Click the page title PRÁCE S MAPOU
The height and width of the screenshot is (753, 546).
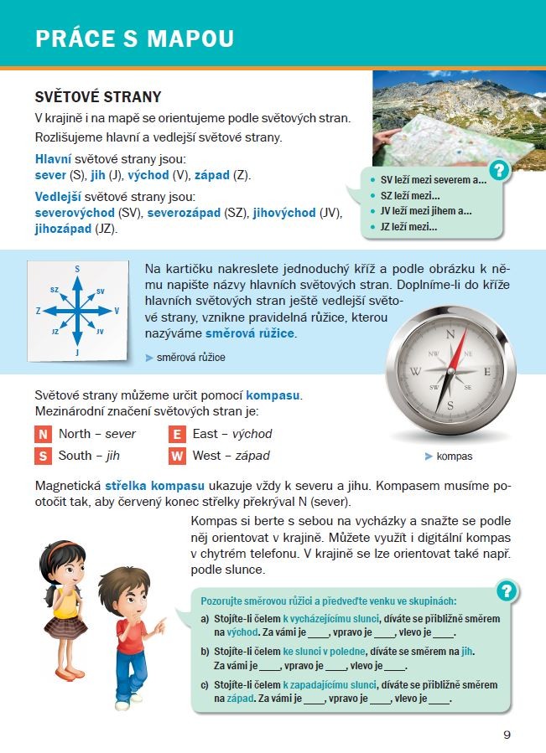tap(134, 39)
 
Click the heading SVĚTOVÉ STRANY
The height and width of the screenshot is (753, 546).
tap(97, 98)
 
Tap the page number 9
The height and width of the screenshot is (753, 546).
tap(507, 735)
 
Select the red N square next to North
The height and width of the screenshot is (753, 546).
tap(43, 434)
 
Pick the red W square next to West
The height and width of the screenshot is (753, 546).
tap(176, 456)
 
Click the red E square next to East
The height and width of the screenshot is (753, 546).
tap(176, 434)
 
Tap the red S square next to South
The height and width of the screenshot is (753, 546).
tap(43, 456)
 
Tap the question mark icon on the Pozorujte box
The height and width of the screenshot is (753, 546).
tap(505, 591)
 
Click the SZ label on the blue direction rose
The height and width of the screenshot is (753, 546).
tap(55, 289)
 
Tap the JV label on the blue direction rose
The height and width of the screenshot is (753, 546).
tap(100, 332)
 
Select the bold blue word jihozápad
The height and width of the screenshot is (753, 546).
tap(63, 228)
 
